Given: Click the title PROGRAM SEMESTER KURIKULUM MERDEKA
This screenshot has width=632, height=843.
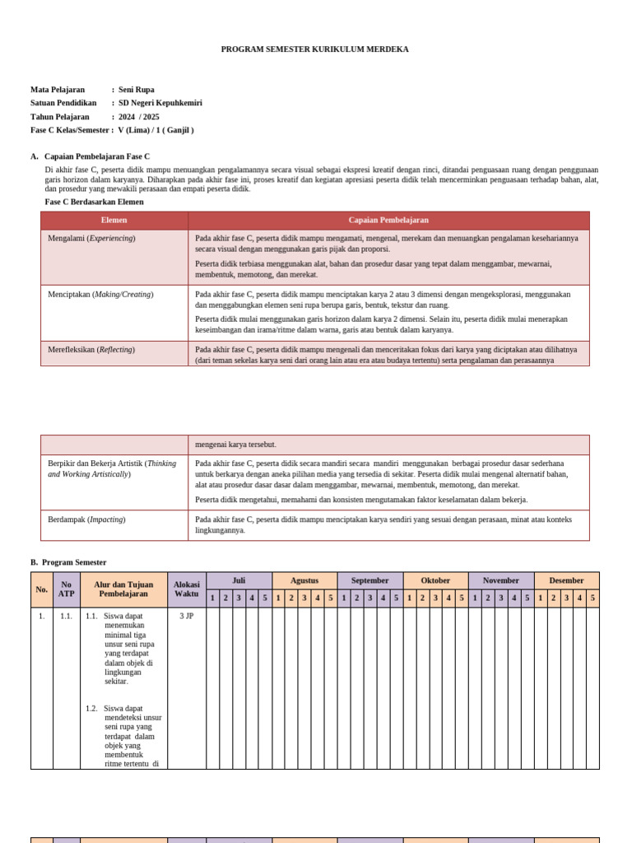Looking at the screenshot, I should coord(314,49).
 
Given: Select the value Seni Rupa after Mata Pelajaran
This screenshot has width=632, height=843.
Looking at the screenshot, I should coord(137,90).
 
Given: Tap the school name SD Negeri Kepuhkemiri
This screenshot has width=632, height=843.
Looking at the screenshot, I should coord(160,103).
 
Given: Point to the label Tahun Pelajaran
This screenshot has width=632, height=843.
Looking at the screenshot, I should coord(60,117).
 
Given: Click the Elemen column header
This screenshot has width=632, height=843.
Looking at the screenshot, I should coord(114,221).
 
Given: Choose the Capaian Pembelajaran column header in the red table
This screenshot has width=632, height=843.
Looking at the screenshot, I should coord(388,221).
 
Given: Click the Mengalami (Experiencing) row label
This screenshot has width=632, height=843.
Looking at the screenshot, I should coord(91,239).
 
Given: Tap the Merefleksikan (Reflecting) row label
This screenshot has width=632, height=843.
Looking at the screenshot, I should coord(91,350).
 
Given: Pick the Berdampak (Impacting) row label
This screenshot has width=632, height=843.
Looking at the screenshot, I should coord(86,520).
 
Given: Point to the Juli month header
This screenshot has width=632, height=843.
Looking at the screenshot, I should coord(239,581).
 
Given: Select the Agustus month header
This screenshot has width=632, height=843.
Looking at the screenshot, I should coord(304,581).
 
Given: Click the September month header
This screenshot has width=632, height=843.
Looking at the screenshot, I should coord(370,581).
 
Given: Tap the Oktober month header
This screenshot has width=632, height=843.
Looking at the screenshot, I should coord(435,581).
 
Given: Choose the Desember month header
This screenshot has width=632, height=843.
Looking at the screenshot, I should coord(566,581).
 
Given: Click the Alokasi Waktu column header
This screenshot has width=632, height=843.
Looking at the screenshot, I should coord(187,589).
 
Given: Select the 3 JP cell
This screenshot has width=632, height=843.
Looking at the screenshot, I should coord(187,616).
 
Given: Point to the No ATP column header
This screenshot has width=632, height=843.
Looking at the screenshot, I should coord(67,589).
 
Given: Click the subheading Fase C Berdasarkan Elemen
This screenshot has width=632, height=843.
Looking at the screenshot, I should coord(94,202).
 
